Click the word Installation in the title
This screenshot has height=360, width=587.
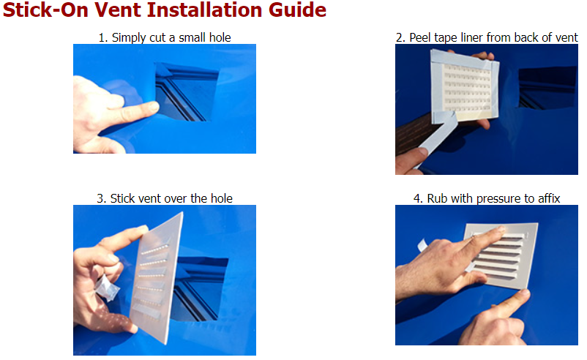click(205, 10)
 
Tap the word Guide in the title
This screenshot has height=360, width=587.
click(298, 10)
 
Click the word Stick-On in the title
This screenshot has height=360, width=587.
click(45, 10)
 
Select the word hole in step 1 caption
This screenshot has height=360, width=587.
click(220, 37)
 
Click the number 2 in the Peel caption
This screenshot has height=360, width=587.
click(399, 38)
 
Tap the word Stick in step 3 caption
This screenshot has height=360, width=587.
click(122, 198)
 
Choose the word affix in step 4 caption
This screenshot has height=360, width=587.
click(549, 198)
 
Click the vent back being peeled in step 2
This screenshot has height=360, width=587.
click(465, 86)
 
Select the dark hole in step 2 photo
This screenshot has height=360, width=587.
click(547, 89)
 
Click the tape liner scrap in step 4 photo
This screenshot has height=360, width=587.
click(422, 246)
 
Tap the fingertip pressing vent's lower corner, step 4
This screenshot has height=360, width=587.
click(523, 296)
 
